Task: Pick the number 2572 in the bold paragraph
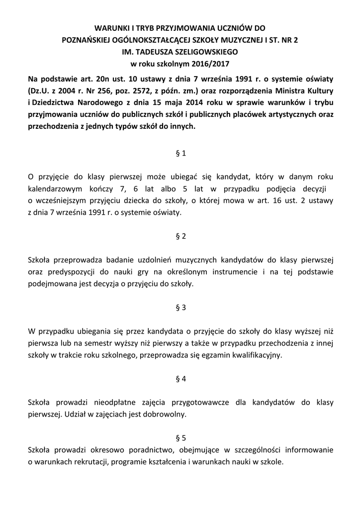coord(144,91)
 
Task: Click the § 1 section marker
coord(180,154)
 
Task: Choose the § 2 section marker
coord(180,236)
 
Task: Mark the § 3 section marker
coord(180,307)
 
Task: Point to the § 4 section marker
coord(180,379)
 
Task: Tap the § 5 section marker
coord(180,438)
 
